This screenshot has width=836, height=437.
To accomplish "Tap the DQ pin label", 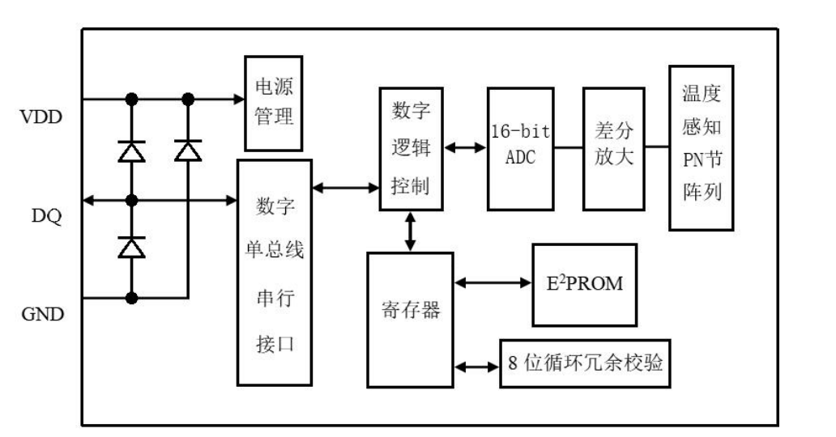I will point(40,217).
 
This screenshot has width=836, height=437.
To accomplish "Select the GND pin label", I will point(41,315).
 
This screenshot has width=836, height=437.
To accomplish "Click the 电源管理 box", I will point(274,103).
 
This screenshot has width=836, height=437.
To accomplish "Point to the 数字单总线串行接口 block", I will point(274,272).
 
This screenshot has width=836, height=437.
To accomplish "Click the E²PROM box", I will point(584,283).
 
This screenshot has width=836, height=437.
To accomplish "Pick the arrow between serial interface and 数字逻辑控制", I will point(346,188).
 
